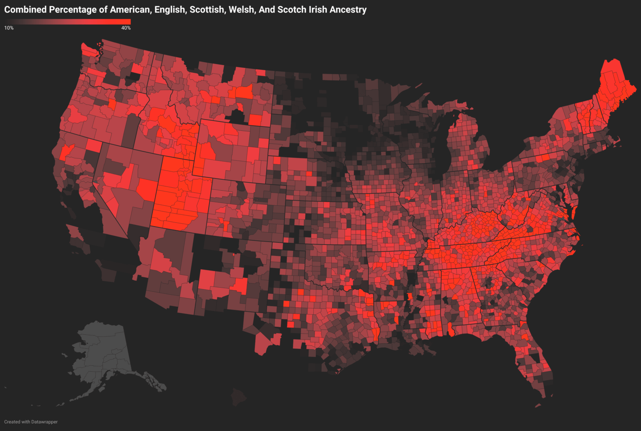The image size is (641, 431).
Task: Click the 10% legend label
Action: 9,28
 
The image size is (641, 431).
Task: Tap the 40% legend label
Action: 126,28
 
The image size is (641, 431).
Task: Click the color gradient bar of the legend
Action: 67,22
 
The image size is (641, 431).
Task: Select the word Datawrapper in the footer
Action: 44,422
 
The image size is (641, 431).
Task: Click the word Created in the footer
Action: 12,422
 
